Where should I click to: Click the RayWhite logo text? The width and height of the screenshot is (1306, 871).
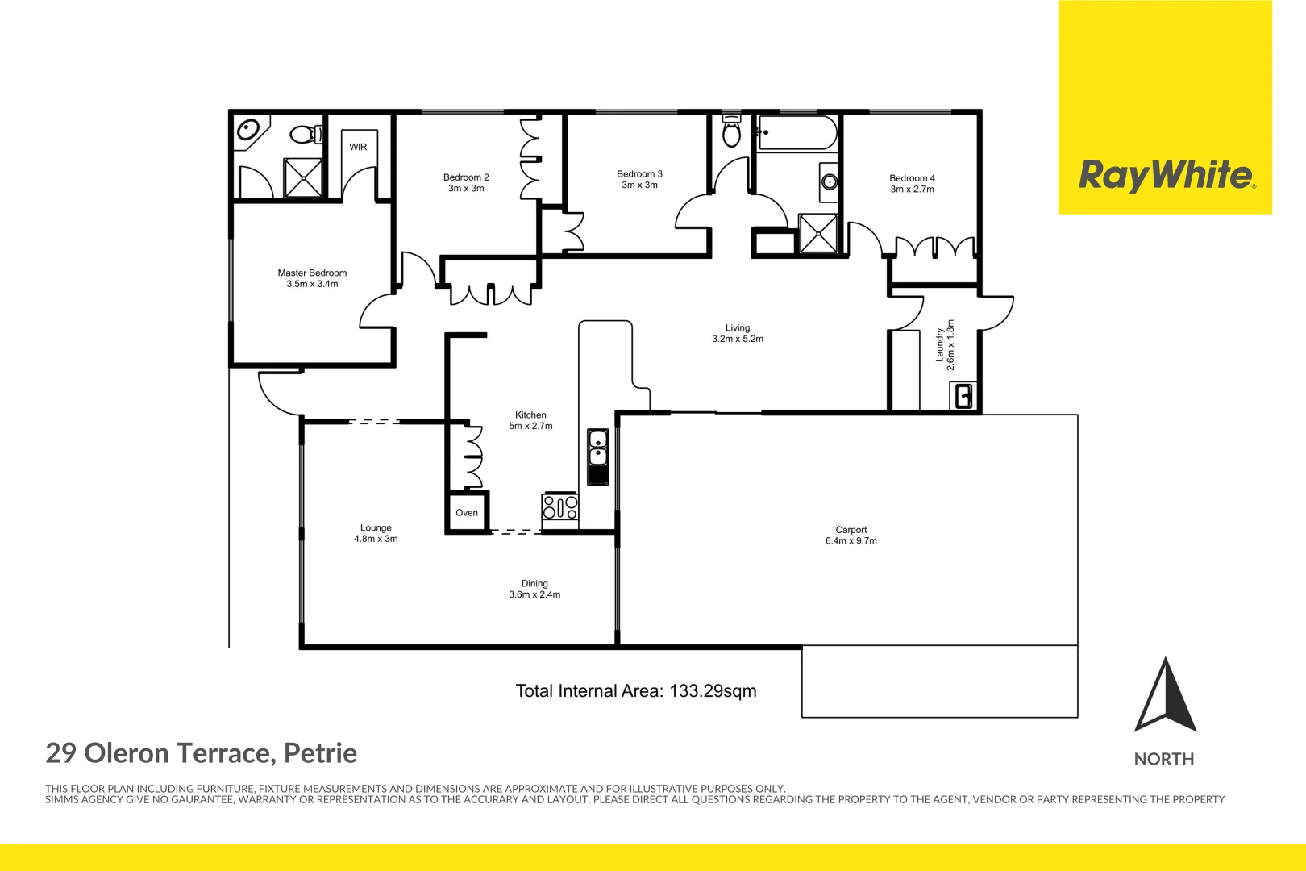click(1166, 175)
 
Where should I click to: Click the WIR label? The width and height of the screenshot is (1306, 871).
click(358, 147)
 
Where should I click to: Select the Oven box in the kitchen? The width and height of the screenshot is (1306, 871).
click(467, 513)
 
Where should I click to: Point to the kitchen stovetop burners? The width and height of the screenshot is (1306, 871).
click(560, 507)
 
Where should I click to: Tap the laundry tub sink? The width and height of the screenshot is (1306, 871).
click(963, 396)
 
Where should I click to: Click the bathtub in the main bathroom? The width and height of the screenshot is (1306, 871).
click(797, 133)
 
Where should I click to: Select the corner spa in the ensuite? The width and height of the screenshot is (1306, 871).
click(248, 131)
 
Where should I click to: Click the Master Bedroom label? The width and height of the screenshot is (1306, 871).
click(312, 278)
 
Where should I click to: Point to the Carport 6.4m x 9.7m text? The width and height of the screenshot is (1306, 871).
click(851, 536)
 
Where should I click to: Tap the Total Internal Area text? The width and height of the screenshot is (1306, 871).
click(635, 691)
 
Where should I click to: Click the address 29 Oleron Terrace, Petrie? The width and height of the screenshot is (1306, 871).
click(201, 753)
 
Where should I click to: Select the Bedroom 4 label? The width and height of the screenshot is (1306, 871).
click(912, 184)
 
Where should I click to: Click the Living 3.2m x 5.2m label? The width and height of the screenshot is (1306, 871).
click(737, 333)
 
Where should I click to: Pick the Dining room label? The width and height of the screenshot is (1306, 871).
click(534, 589)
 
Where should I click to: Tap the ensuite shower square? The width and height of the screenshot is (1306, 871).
click(303, 177)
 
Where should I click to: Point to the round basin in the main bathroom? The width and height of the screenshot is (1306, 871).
click(829, 181)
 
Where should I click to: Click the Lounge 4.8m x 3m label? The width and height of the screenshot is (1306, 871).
click(376, 533)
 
